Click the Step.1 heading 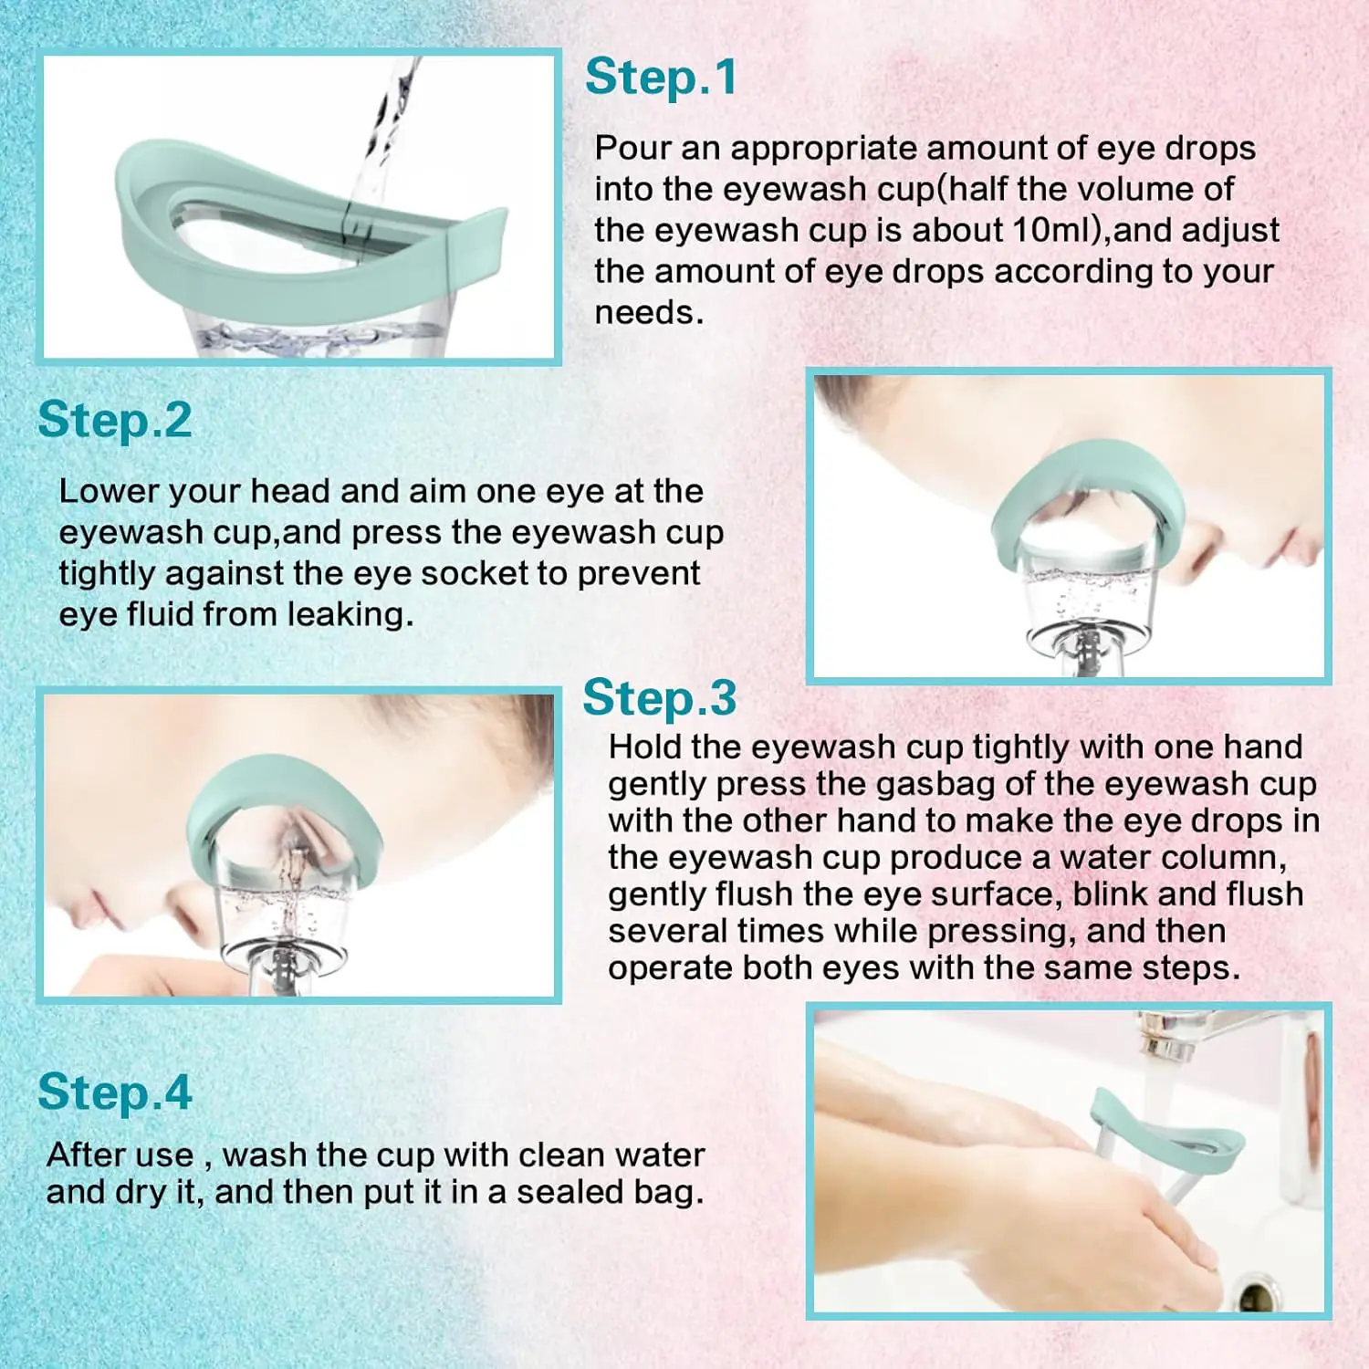(x=661, y=78)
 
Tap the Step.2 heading (x=115, y=421)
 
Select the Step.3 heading (x=660, y=698)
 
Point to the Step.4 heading (x=115, y=1092)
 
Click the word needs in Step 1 (x=649, y=313)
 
